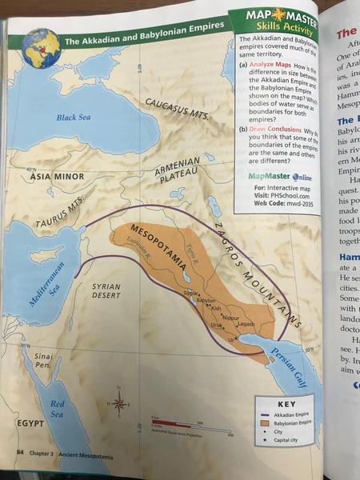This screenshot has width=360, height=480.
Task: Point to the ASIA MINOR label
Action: click(58, 178)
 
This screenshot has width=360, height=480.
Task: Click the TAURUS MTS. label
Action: click(61, 211)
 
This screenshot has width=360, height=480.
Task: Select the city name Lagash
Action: click(245, 324)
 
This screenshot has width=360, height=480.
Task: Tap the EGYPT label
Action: click(29, 422)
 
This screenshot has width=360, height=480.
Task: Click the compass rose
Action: click(119, 402)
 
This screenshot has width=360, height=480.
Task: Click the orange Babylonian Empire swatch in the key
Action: click(264, 425)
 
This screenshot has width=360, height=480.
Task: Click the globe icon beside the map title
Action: click(42, 46)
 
